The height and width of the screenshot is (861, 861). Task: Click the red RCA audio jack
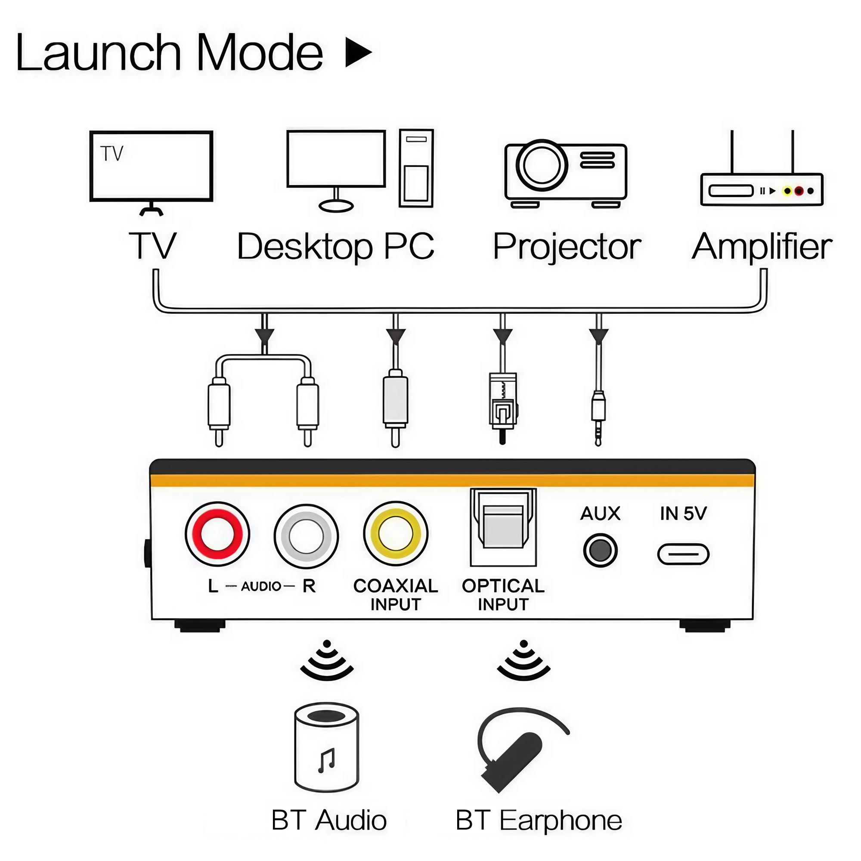point(217,535)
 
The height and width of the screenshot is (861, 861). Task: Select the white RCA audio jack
point(306,536)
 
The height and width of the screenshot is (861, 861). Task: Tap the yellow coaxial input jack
point(395,534)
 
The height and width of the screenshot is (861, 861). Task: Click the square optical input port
point(503,528)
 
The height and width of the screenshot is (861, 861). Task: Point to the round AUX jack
point(600,550)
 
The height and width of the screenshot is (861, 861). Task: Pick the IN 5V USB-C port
point(683,554)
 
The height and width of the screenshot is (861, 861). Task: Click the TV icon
point(151,167)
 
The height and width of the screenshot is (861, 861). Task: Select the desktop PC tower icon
point(416,168)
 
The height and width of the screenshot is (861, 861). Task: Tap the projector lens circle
point(542,165)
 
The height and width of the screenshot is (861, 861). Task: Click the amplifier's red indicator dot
point(799,191)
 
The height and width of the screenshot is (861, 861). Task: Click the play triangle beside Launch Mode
point(357,52)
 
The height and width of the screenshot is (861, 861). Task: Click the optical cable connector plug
point(503,406)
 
